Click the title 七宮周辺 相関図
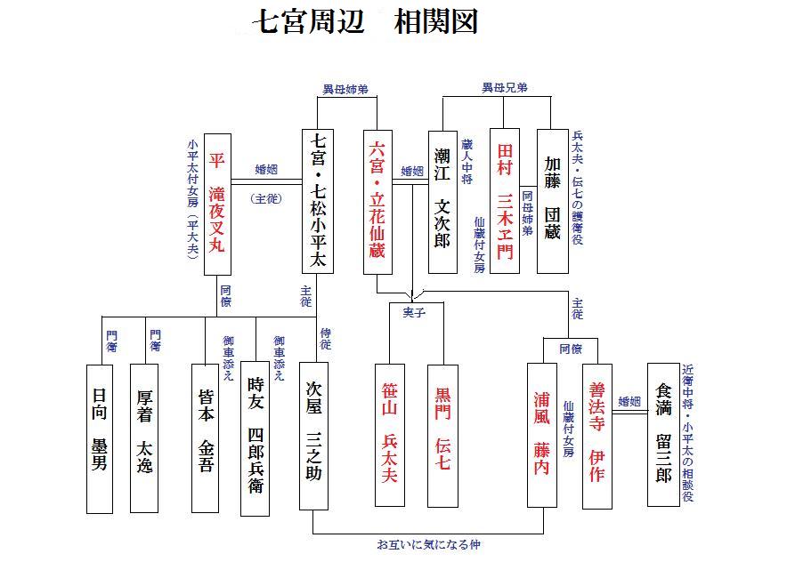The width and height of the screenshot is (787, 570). [x=368, y=22]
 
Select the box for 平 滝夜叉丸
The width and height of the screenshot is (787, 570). [x=217, y=203]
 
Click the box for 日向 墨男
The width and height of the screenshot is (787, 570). [x=100, y=438]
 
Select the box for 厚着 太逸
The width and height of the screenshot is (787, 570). [x=144, y=438]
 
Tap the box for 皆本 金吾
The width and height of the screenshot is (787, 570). [x=205, y=438]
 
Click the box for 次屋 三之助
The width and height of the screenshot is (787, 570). [x=313, y=436]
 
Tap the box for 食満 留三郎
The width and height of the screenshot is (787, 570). [x=662, y=434]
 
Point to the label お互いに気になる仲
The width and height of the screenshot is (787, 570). [x=428, y=544]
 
